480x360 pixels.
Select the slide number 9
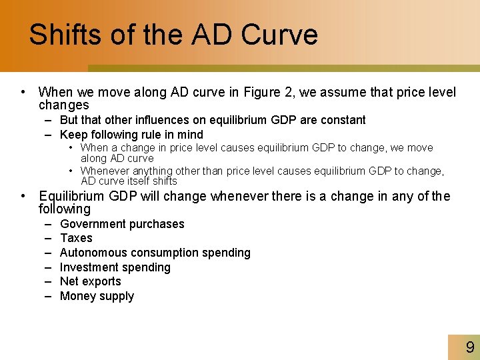(x=470, y=347)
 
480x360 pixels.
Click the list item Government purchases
(x=122, y=224)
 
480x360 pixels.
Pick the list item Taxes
(x=76, y=238)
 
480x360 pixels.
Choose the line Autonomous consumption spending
(x=155, y=253)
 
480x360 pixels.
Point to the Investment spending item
(x=115, y=267)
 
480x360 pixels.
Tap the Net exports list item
(x=91, y=281)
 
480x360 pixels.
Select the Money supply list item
(x=97, y=296)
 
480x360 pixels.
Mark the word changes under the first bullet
(x=63, y=105)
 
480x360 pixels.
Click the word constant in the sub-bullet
(x=342, y=120)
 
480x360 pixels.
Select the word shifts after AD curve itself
(x=164, y=181)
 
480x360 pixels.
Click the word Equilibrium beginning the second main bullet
(x=71, y=196)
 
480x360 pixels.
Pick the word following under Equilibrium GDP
(x=65, y=209)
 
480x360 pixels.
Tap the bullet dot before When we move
(x=23, y=92)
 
